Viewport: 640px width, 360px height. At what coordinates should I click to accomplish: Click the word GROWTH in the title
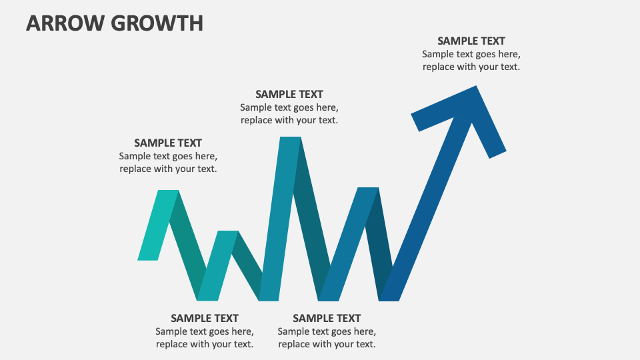click(x=157, y=23)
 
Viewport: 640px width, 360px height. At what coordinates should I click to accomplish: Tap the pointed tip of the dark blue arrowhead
click(x=476, y=87)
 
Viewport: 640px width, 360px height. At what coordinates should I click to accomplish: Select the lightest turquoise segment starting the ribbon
click(x=158, y=225)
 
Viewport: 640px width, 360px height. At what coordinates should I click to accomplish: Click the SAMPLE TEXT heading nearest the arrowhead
click(x=471, y=41)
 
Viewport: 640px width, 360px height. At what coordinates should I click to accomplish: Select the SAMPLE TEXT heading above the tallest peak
click(x=289, y=95)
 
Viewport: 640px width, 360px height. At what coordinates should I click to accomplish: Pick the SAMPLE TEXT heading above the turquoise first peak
click(x=167, y=143)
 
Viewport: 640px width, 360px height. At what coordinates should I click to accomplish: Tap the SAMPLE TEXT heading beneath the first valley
click(x=204, y=318)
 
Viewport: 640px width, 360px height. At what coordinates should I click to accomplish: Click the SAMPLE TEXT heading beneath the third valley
click(x=326, y=318)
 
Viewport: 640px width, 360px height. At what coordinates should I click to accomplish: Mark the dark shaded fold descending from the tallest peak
click(x=311, y=220)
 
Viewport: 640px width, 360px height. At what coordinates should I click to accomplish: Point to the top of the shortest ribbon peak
click(x=227, y=233)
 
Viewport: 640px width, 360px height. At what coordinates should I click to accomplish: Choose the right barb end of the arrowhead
click(x=497, y=153)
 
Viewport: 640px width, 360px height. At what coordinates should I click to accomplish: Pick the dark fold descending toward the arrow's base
click(x=381, y=247)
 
